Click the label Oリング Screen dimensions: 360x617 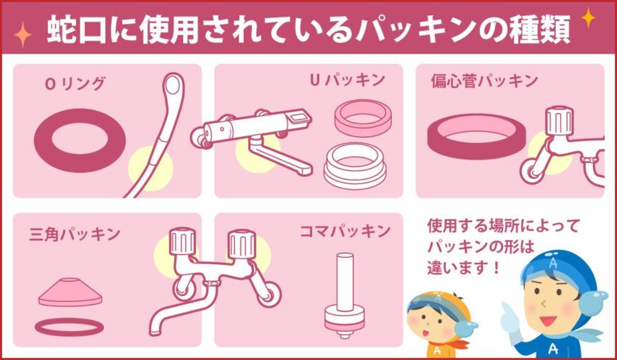[x=75, y=83]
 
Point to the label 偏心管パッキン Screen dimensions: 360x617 [x=484, y=81]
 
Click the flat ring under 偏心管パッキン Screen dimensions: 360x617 [x=476, y=136]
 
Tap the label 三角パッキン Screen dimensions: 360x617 [x=65, y=234]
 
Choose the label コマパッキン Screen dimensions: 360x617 [x=345, y=232]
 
